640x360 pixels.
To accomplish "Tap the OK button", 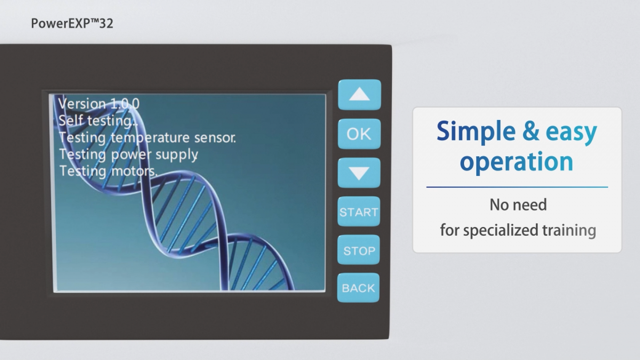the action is point(359,134).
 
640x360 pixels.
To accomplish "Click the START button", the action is point(359,212).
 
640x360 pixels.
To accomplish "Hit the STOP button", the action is point(359,250).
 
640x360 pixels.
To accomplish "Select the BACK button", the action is point(358,288).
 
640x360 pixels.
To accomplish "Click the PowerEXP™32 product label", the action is point(72,23).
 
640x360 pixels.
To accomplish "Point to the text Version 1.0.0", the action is point(99,103).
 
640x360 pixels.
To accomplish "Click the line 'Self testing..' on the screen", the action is point(98,121).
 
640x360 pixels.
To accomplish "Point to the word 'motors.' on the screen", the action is point(134,170).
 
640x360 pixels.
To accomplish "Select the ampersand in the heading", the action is point(530,130).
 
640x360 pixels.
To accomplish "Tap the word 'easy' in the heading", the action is point(572,133).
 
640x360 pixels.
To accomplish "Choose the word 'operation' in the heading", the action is point(516,162).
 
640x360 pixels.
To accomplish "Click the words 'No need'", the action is point(518,205).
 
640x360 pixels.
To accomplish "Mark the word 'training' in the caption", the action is point(569,230).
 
